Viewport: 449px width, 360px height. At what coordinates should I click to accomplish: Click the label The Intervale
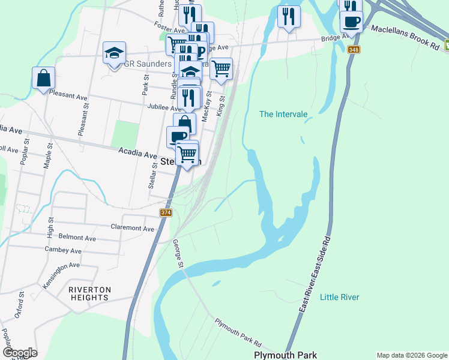[x=283, y=114]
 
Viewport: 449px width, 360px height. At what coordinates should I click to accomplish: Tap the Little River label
[x=339, y=297]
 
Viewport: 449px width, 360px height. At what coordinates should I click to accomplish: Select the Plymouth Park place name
[x=285, y=355]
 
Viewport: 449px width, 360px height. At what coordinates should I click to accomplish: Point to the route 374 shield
[x=166, y=213]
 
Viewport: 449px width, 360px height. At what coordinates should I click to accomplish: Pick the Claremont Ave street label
[x=133, y=227]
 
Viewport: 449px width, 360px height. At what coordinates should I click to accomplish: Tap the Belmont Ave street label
[x=77, y=238]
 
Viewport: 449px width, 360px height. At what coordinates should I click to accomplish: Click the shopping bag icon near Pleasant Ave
[x=44, y=77]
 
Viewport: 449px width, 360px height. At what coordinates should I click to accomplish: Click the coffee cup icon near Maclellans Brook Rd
[x=351, y=22]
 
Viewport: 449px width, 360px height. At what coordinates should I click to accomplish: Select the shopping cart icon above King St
[x=221, y=68]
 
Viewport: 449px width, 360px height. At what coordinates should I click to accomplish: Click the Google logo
[x=19, y=353]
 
